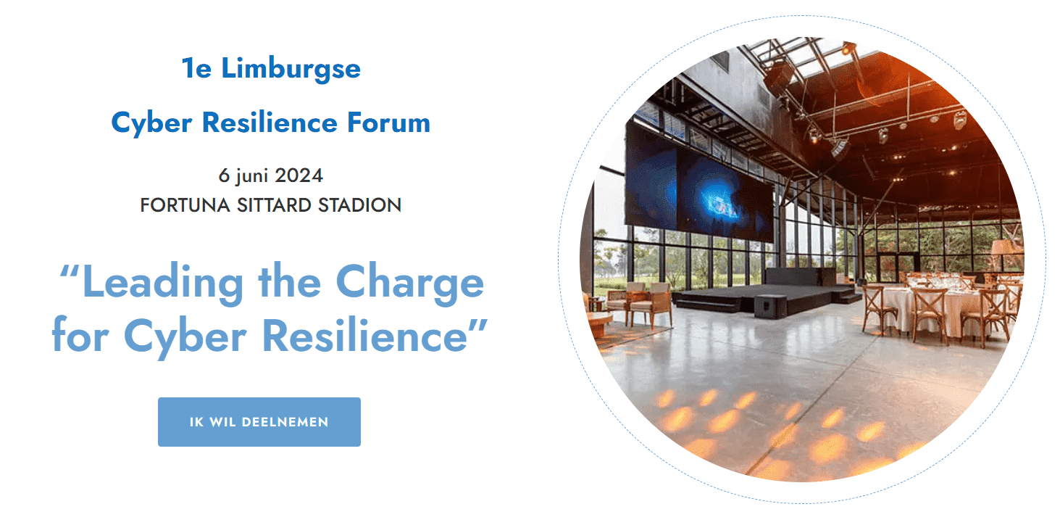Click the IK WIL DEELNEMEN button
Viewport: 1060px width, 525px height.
(x=259, y=422)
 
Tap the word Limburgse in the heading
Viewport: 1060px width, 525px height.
(x=291, y=70)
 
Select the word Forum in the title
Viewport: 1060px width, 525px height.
(x=388, y=123)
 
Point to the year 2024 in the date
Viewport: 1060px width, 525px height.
(x=299, y=175)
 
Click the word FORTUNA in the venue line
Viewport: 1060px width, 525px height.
(x=185, y=205)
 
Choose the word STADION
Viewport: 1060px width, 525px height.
(x=359, y=205)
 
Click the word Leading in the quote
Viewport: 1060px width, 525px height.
(x=163, y=283)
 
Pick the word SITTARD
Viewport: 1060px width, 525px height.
(x=274, y=205)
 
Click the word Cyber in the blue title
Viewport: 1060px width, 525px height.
(x=152, y=123)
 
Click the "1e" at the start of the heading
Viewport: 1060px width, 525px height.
(x=196, y=69)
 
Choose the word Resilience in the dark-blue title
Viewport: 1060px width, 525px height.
(x=270, y=123)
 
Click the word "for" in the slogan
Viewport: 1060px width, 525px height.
(x=80, y=336)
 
